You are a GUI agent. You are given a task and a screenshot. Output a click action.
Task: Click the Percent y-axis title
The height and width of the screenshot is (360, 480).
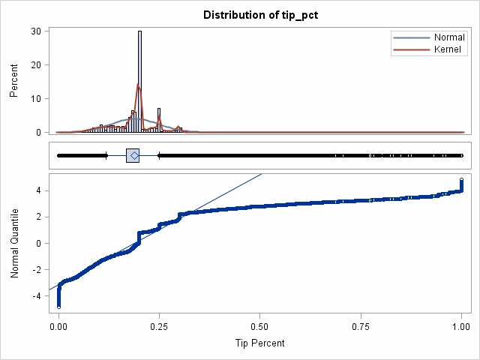tap(14, 82)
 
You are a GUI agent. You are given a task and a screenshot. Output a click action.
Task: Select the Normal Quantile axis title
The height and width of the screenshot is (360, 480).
tap(14, 244)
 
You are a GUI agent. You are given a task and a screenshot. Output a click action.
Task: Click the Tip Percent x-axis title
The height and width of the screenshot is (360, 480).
tap(260, 343)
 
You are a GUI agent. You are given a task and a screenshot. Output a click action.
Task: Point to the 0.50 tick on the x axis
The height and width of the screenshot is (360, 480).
tap(260, 327)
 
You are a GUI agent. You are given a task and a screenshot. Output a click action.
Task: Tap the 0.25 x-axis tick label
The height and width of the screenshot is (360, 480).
tap(159, 327)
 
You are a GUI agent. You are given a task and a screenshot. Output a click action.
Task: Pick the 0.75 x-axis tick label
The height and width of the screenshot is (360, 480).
tap(361, 327)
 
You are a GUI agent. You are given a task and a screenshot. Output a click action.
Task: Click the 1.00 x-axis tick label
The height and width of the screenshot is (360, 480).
tap(461, 327)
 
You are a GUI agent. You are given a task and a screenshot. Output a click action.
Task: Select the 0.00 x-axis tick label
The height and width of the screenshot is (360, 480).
tap(58, 327)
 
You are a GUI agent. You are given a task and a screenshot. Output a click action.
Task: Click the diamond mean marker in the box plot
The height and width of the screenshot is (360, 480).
tap(133, 155)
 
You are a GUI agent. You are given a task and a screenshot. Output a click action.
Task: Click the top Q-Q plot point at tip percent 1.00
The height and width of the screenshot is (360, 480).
tap(461, 180)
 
